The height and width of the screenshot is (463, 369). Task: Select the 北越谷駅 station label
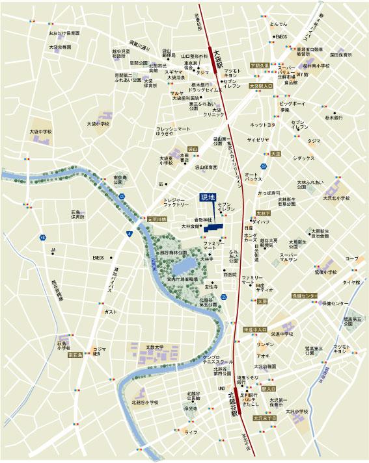click(232, 402)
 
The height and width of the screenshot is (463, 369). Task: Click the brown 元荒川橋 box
click(157, 219)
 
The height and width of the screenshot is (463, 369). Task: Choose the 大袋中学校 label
click(40, 132)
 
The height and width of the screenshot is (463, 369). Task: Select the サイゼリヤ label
click(258, 140)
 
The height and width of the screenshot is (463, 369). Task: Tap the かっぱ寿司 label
click(269, 193)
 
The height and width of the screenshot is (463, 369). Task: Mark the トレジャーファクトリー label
click(176, 202)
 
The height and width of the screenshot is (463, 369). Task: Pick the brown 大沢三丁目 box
click(265, 419)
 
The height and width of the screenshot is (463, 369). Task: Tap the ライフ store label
click(191, 432)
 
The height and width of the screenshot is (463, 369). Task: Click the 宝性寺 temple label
click(211, 286)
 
